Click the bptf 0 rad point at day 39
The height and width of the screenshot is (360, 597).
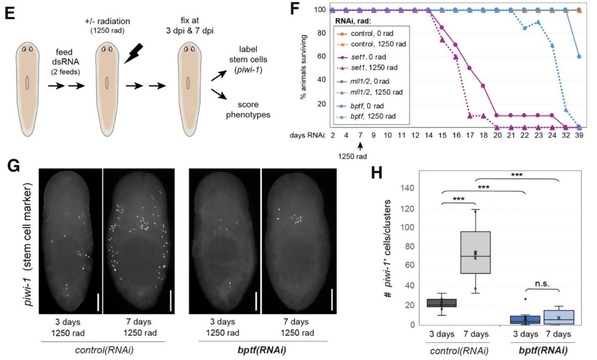click(579, 56)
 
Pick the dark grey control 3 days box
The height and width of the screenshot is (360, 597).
click(442, 303)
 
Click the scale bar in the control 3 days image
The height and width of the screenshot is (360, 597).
click(99, 302)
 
